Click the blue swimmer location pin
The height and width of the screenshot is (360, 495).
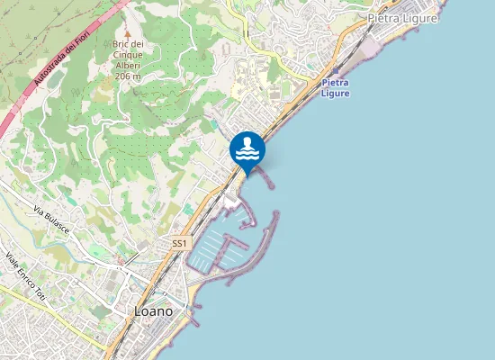(247, 149)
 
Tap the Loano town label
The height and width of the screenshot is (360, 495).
(152, 310)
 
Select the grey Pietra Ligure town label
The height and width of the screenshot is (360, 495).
(402, 17)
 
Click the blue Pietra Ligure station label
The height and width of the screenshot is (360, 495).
(336, 88)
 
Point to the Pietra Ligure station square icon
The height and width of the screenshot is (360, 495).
(336, 71)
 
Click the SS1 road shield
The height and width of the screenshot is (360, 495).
(179, 243)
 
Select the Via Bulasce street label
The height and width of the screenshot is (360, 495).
(51, 221)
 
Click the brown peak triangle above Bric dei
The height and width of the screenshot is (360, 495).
(127, 33)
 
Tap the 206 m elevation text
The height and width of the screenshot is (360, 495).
(129, 76)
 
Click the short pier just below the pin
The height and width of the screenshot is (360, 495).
(267, 179)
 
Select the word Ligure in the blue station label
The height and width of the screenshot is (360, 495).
(336, 94)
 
